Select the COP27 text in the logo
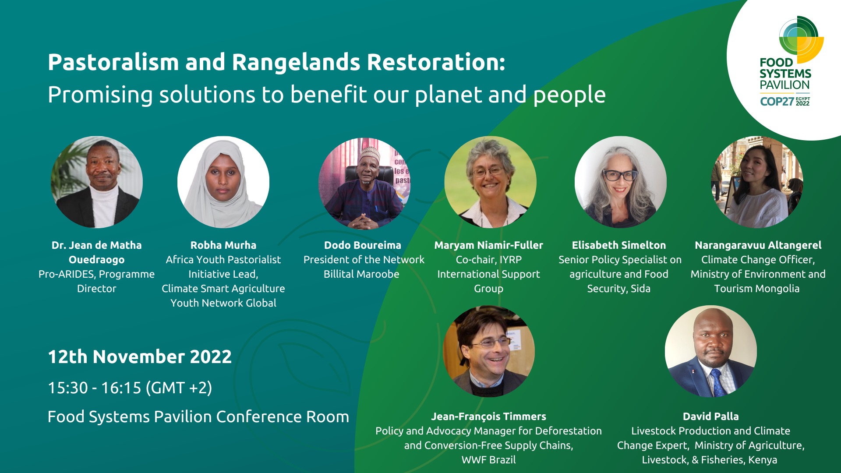[x=777, y=102]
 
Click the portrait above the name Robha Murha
[x=223, y=182]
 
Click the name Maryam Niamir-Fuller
[x=488, y=245]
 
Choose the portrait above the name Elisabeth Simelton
[x=621, y=182]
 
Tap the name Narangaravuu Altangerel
[x=758, y=245]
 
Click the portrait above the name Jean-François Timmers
[x=489, y=351]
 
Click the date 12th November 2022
[x=140, y=357]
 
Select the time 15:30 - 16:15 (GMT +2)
[x=130, y=388]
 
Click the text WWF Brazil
[x=488, y=460]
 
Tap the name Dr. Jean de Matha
[x=96, y=245]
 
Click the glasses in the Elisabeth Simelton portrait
[x=620, y=175]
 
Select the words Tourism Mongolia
[x=757, y=289]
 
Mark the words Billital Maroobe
[x=361, y=274]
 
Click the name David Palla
[x=710, y=417]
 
